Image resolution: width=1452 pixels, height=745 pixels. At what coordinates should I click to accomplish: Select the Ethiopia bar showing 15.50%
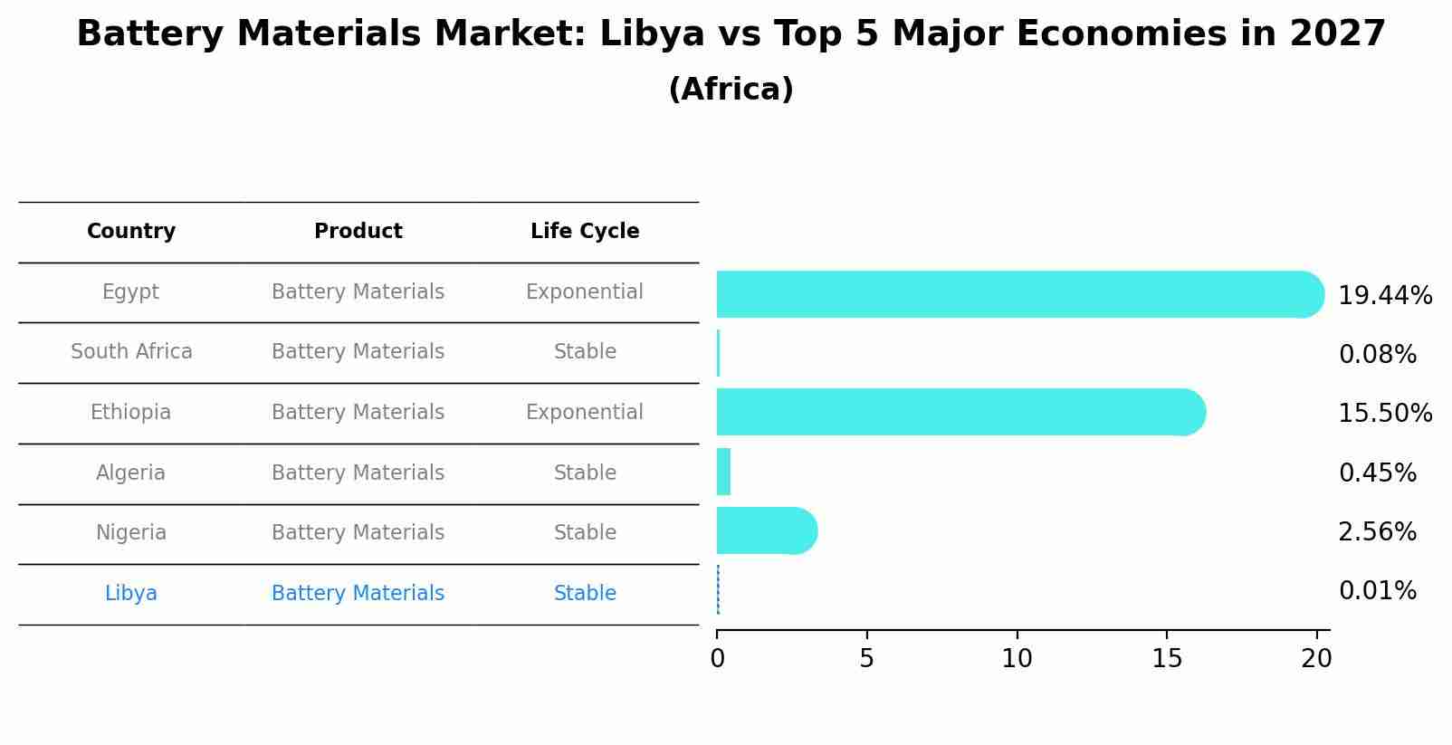pos(960,412)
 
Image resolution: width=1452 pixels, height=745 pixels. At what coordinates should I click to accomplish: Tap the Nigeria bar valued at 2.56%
pos(766,530)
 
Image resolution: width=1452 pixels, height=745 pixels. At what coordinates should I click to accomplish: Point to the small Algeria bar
pos(723,472)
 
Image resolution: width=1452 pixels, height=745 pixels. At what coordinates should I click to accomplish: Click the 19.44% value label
pos(1384,296)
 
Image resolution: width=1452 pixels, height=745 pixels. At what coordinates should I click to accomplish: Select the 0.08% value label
pos(1377,355)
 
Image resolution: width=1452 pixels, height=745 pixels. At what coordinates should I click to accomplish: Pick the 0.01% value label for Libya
pos(1377,591)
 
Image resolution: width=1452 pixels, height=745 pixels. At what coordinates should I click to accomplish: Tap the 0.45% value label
pos(1377,473)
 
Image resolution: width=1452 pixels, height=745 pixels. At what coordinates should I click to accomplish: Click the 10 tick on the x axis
pos(1017,659)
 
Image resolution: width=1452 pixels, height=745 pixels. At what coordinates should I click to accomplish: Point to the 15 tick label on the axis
pos(1167,659)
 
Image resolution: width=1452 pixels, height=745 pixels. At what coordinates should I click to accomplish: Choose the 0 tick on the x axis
pos(717,659)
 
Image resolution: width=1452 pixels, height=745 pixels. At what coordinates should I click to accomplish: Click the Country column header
pos(131,232)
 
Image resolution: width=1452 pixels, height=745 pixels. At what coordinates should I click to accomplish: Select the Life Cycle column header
pos(585,232)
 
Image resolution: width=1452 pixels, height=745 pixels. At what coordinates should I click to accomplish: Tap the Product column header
pos(358,232)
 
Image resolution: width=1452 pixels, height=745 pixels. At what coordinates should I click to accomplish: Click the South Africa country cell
pos(131,352)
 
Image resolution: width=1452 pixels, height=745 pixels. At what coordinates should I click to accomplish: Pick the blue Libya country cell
pos(131,594)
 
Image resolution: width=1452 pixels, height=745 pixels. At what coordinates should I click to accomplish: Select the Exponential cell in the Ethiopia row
pos(585,413)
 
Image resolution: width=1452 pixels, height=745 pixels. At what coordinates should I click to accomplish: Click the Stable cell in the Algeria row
pos(585,473)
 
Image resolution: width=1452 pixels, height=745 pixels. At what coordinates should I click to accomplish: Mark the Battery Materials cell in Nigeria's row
pos(358,533)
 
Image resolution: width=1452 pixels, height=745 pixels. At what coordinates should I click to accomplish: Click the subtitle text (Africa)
pos(731,90)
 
